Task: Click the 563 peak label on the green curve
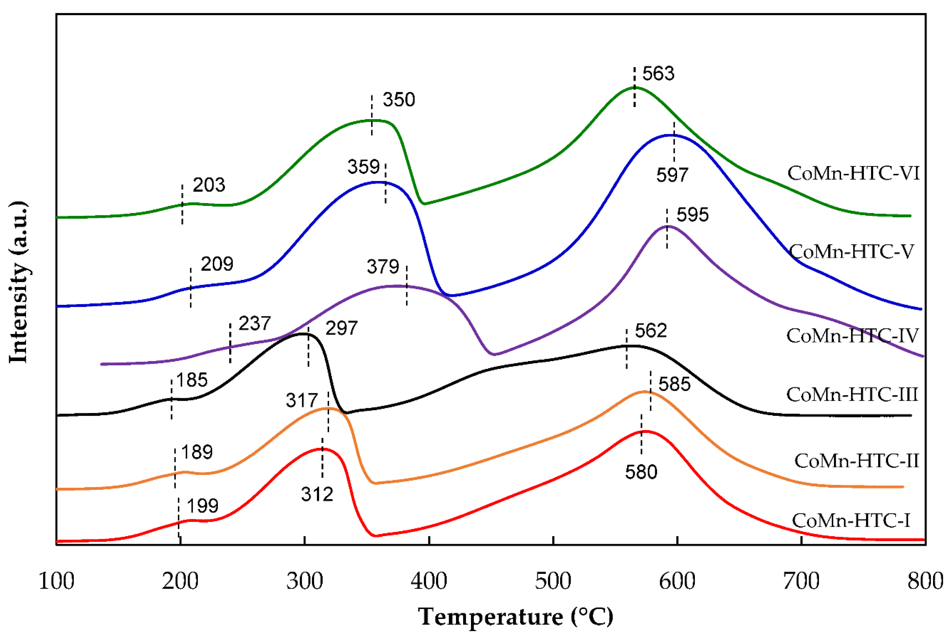click(x=658, y=74)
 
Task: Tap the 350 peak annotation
click(x=399, y=100)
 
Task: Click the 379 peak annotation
click(x=383, y=267)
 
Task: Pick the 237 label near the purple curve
click(x=254, y=324)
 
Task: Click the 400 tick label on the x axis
click(x=429, y=581)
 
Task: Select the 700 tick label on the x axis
click(x=801, y=581)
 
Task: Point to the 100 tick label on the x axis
click(x=56, y=581)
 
